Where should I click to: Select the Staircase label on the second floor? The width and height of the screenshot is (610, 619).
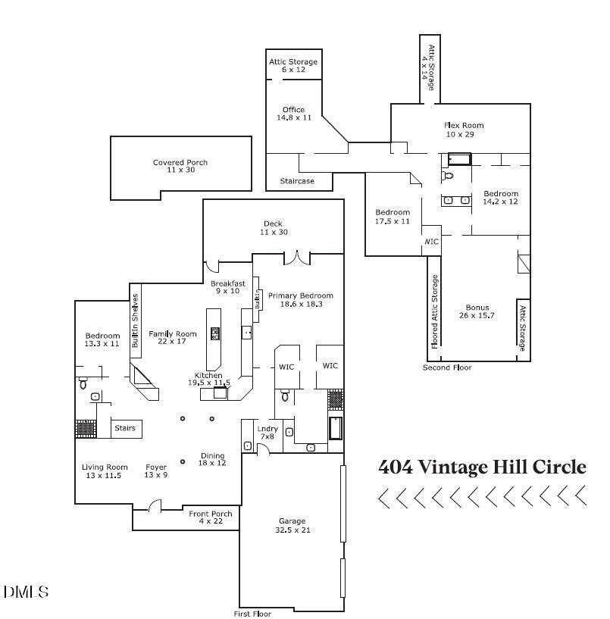[x=297, y=181]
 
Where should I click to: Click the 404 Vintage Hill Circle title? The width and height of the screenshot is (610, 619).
[x=482, y=467]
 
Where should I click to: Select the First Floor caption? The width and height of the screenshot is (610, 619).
[x=252, y=614]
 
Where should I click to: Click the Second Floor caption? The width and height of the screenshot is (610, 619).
[x=447, y=367]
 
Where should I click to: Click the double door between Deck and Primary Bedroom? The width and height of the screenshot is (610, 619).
[x=297, y=258]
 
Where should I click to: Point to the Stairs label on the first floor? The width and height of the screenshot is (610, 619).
[x=125, y=429]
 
